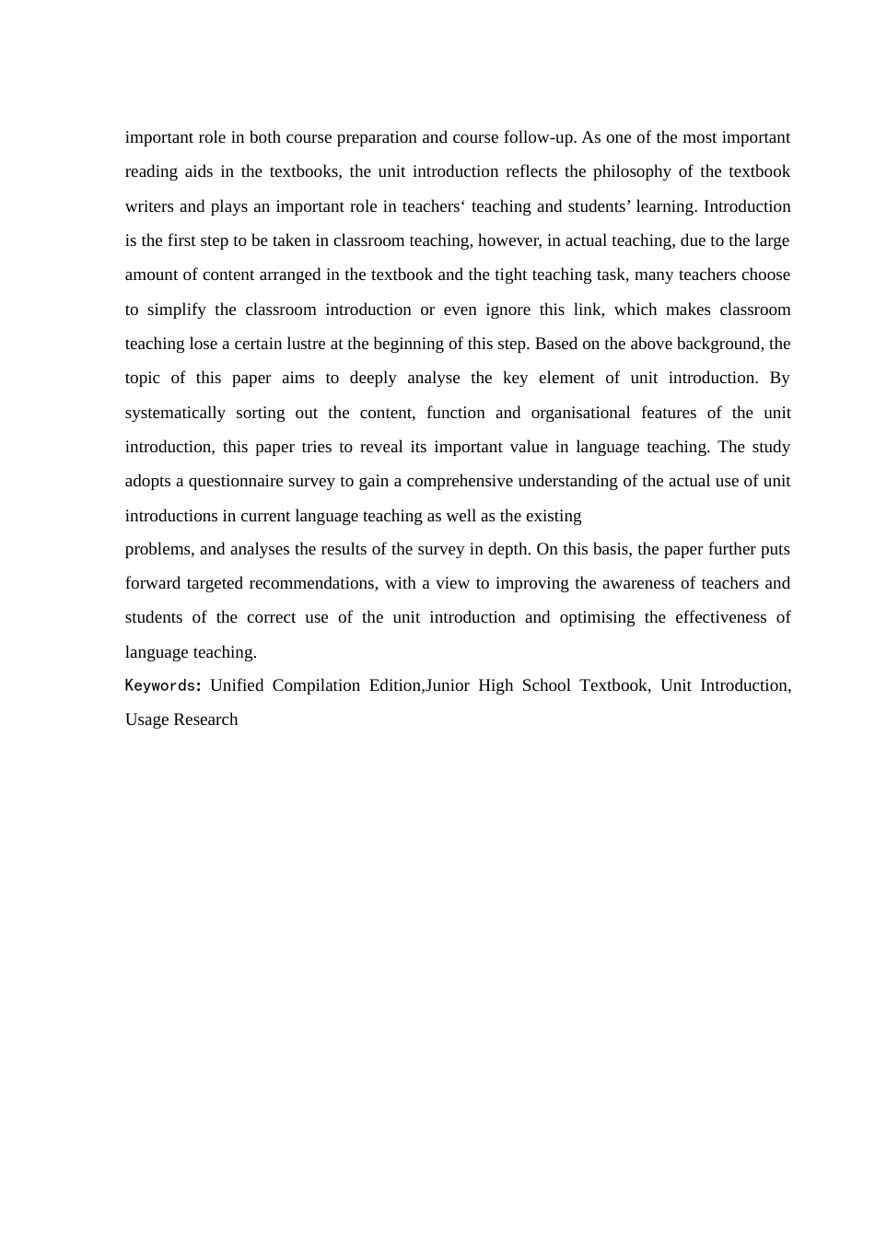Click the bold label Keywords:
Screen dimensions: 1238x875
tap(163, 685)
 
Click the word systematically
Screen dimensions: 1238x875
tap(175, 413)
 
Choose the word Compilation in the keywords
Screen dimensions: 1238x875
tap(316, 685)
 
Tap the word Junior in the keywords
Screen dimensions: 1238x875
tap(448, 685)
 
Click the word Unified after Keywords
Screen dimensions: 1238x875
tap(237, 685)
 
